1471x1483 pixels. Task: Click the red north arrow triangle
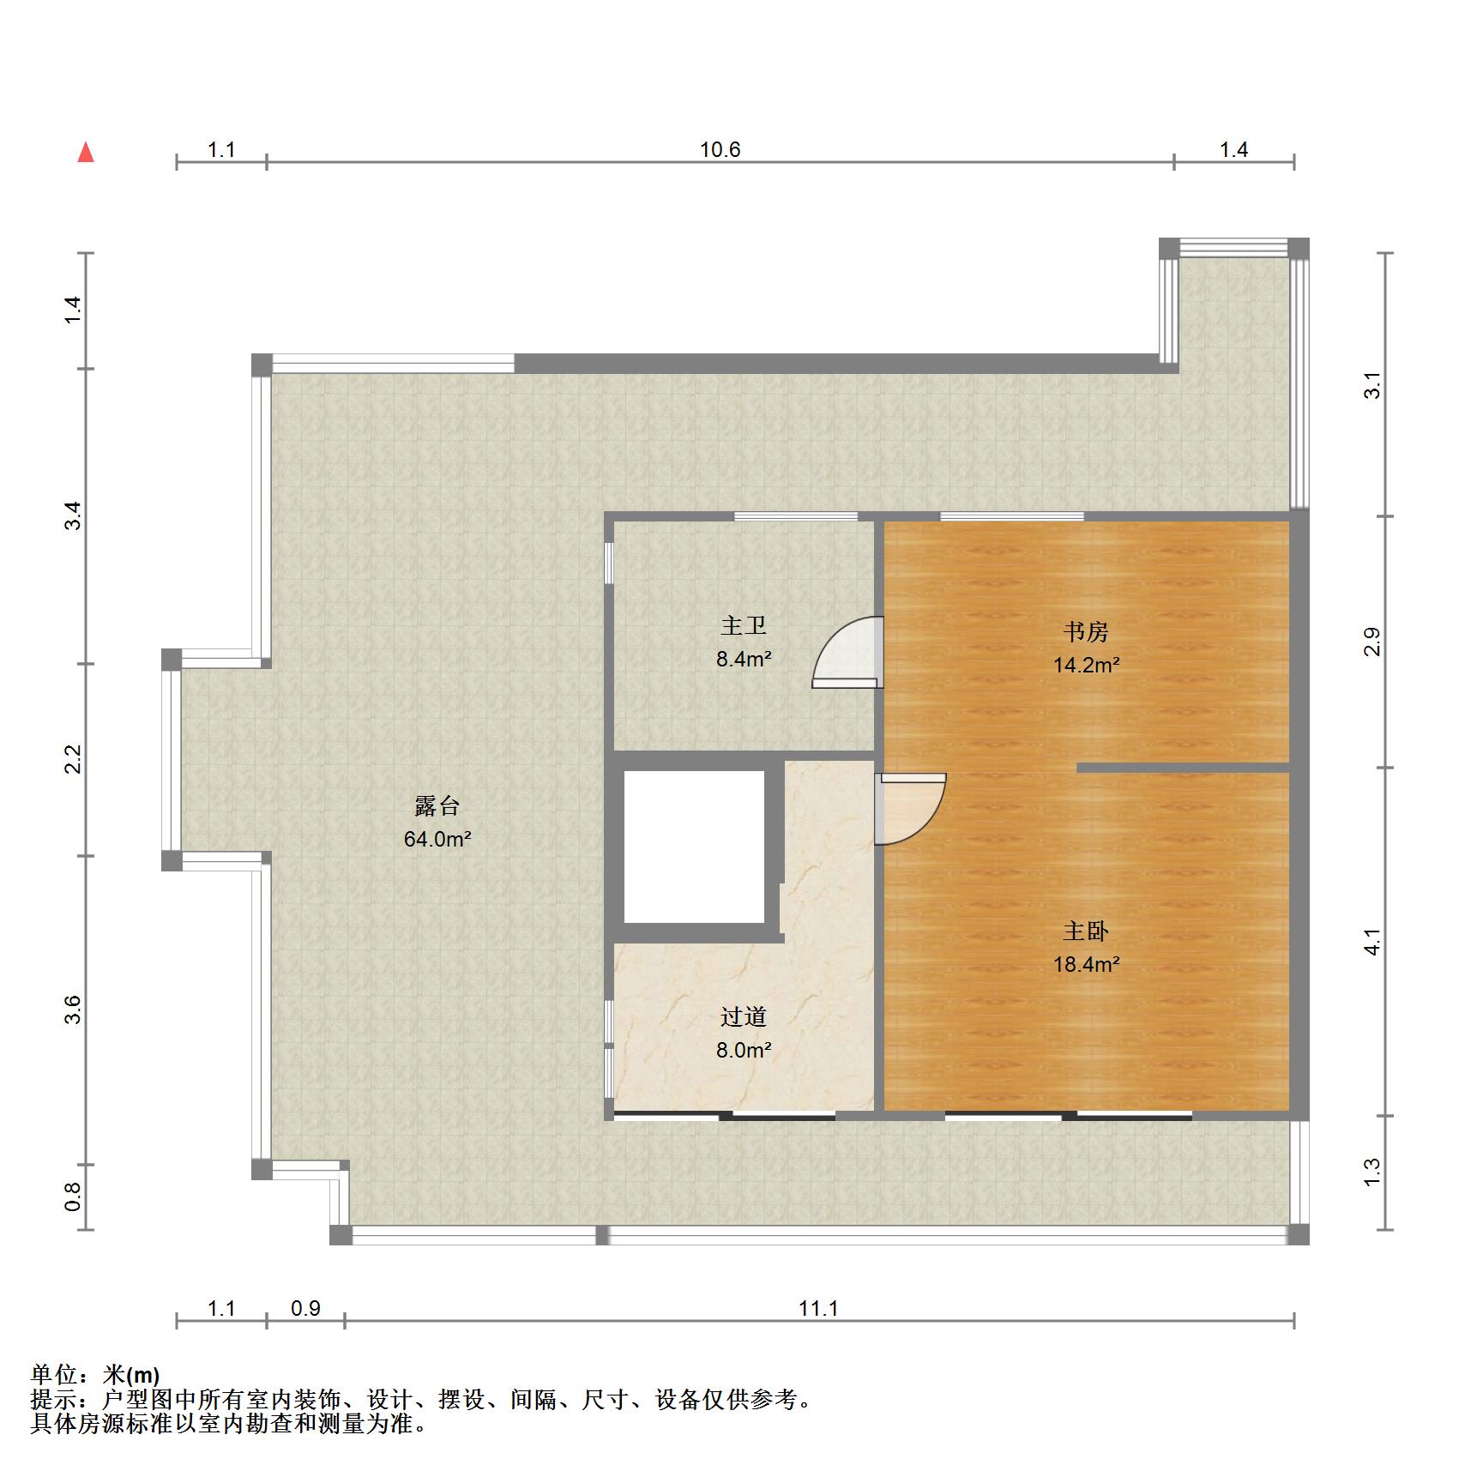(86, 154)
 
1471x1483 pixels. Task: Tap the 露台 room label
(437, 806)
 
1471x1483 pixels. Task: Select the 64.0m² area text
(437, 839)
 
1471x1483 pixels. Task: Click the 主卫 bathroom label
(744, 626)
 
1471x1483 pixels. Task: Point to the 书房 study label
(1086, 632)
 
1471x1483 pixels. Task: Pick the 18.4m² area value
(1086, 964)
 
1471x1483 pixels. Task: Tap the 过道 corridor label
(744, 1017)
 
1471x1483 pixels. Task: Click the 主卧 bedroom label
(1086, 931)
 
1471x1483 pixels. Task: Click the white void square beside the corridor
(693, 847)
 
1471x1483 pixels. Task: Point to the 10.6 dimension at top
(720, 150)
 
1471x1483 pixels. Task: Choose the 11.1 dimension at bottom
(818, 1308)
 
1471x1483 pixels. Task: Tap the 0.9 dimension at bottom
(305, 1308)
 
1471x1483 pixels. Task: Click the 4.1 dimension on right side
(1373, 942)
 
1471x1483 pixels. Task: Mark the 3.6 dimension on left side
(73, 1009)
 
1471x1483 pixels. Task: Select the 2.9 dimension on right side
(1373, 642)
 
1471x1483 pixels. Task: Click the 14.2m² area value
(1086, 665)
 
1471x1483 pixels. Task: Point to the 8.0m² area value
(744, 1050)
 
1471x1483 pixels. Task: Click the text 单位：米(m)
(95, 1375)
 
